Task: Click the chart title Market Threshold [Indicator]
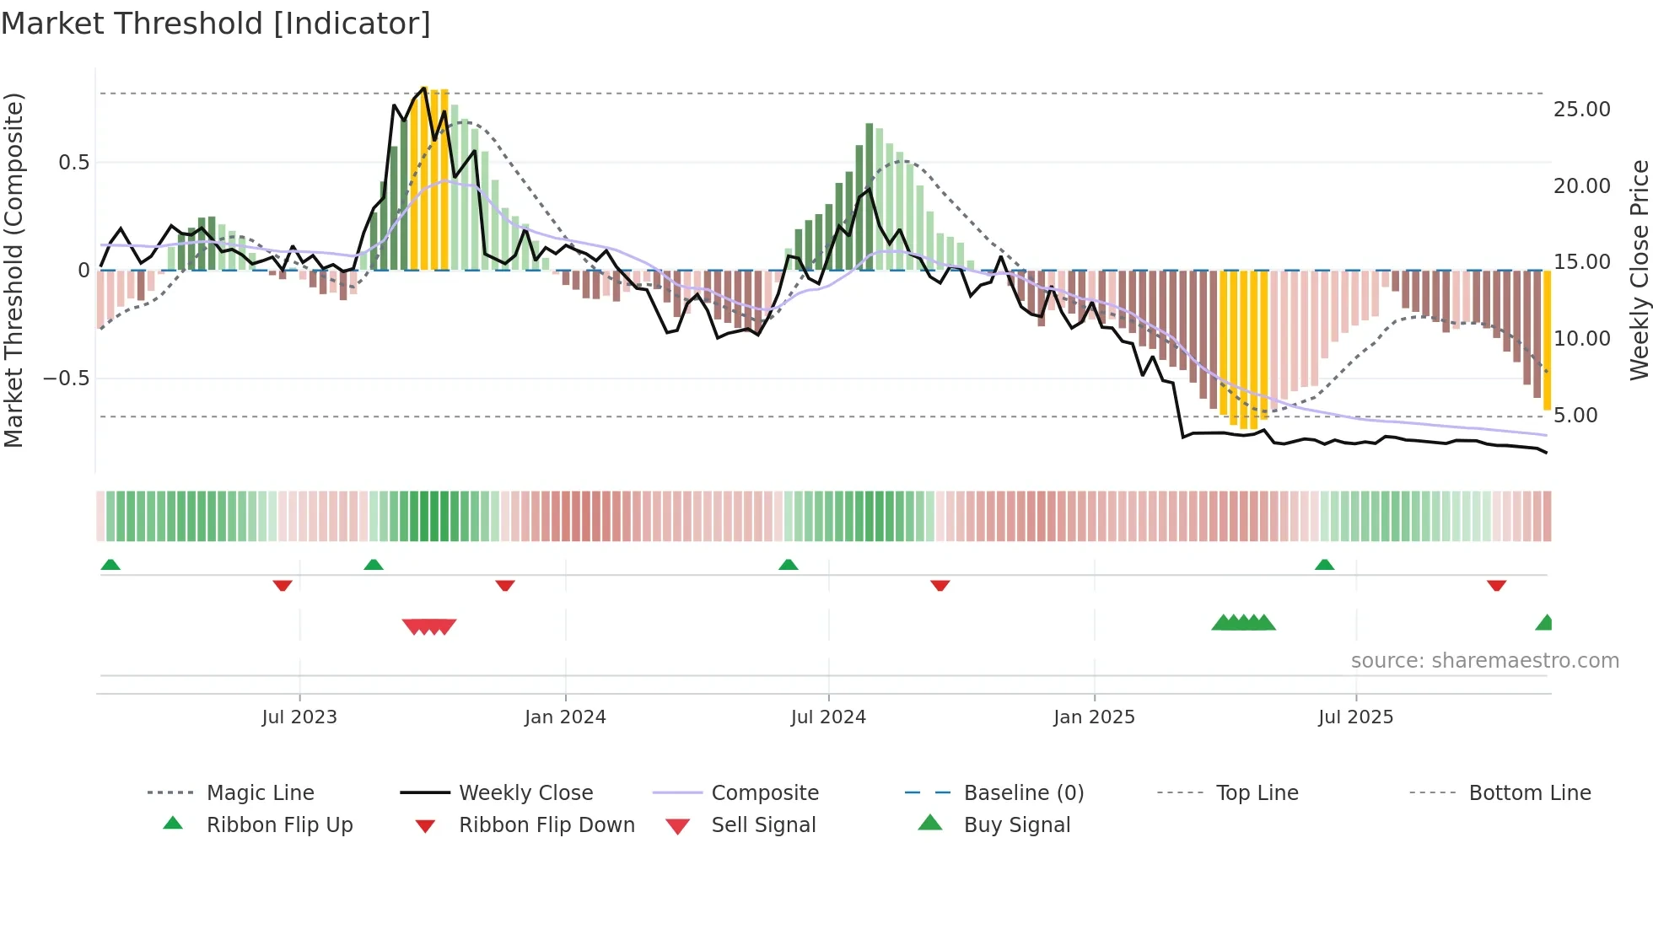[x=216, y=24]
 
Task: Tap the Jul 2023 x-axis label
[x=299, y=717]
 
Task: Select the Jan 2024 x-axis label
[x=564, y=717]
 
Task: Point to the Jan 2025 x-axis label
[x=1094, y=717]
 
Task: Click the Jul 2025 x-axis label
[x=1355, y=717]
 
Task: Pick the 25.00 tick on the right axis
[x=1581, y=110]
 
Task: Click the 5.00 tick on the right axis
[x=1575, y=416]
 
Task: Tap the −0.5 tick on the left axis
[x=66, y=379]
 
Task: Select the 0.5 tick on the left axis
[x=73, y=163]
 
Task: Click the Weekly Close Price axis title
[x=1639, y=270]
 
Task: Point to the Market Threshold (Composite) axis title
[x=13, y=270]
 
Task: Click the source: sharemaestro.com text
[x=1484, y=660]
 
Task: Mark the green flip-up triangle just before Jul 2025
[x=1324, y=565]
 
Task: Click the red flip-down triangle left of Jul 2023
[x=283, y=585]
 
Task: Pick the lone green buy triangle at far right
[x=1545, y=623]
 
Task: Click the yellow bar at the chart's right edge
[x=1547, y=341]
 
